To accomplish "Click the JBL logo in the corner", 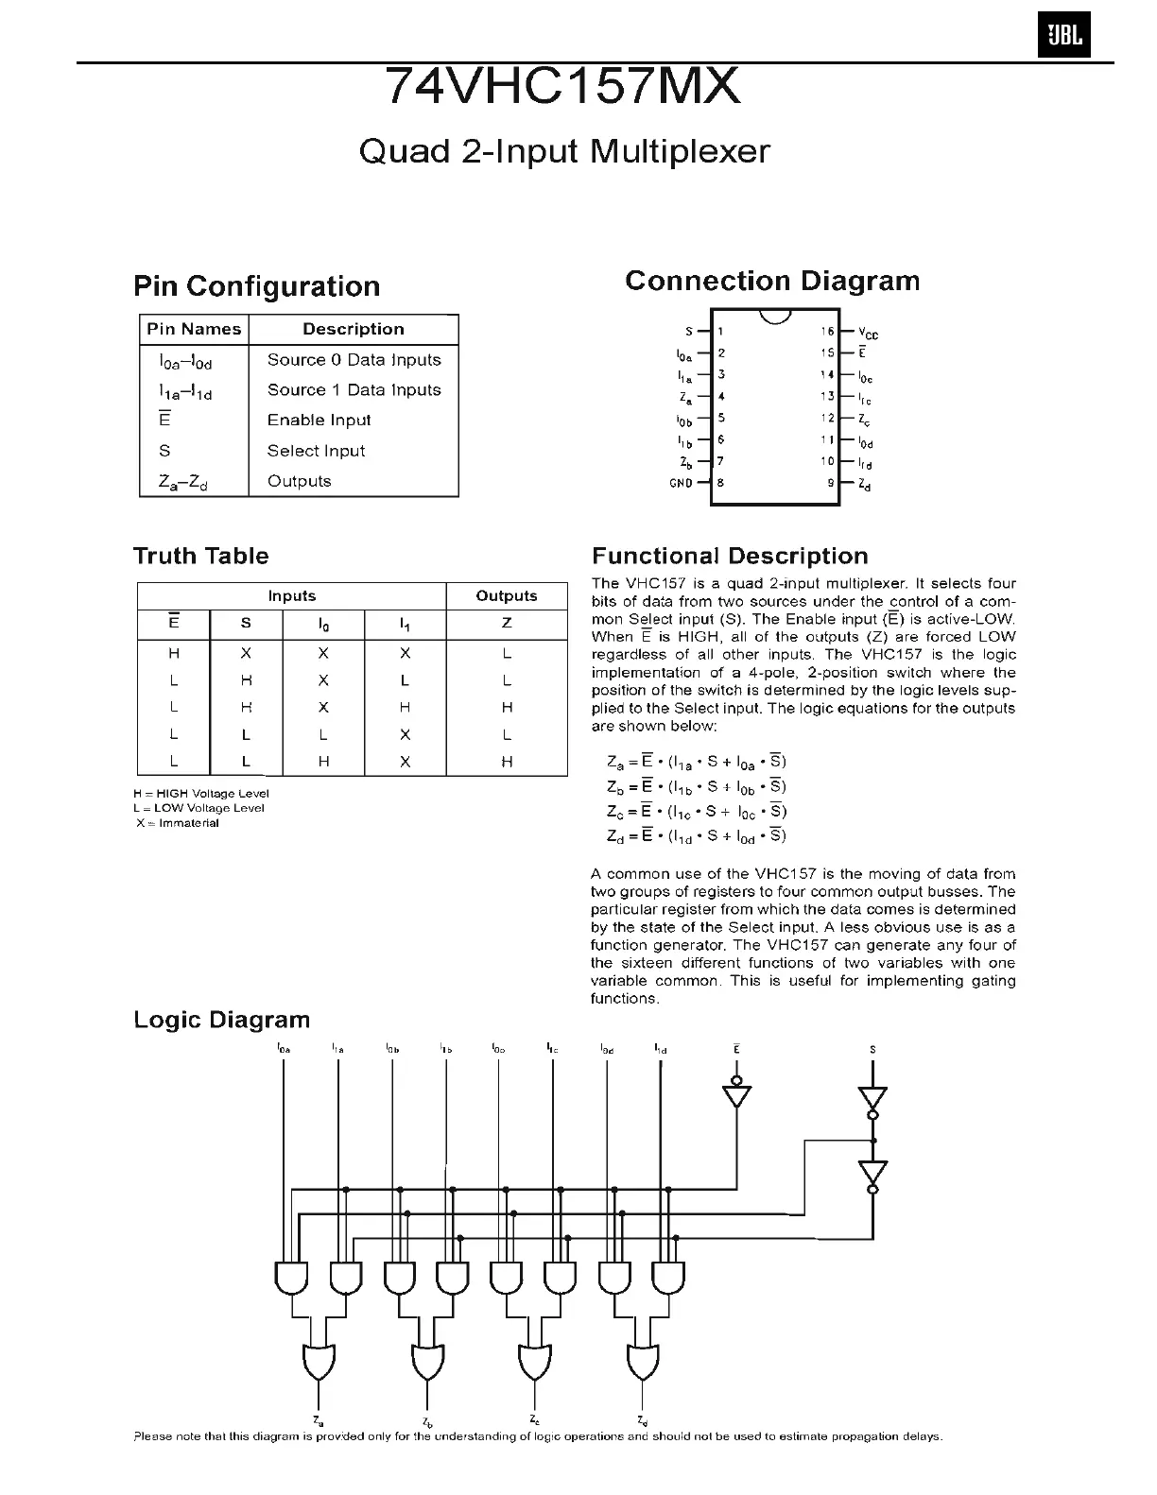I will click(1063, 37).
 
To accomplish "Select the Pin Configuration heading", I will click(256, 286).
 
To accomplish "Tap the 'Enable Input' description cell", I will click(319, 421).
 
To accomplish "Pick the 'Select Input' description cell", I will click(316, 451).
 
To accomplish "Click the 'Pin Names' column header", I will click(194, 329).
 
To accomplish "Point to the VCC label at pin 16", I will click(869, 333).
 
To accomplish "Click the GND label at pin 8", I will click(681, 483).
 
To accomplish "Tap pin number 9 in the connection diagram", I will click(831, 483).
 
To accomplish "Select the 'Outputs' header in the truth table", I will click(507, 596).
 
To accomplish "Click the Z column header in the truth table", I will click(507, 624).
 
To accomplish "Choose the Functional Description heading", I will click(729, 557).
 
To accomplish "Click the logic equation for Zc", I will click(697, 811).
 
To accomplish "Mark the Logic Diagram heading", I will click(221, 1021).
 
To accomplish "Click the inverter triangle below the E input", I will click(736, 1096).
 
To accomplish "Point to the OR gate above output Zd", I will click(642, 1361).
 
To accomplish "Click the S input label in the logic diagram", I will click(872, 1050).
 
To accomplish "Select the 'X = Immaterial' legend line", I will click(178, 823).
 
